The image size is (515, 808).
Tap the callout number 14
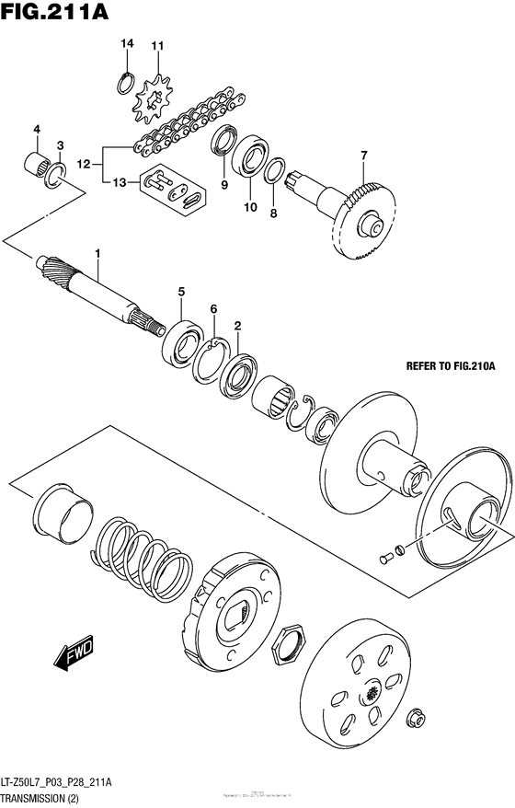click(x=127, y=44)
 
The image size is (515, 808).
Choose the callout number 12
click(x=84, y=166)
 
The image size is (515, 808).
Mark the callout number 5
click(x=181, y=292)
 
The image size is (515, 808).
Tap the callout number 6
click(x=212, y=308)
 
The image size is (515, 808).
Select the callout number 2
click(x=237, y=325)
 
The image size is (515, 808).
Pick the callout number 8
click(x=273, y=214)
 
